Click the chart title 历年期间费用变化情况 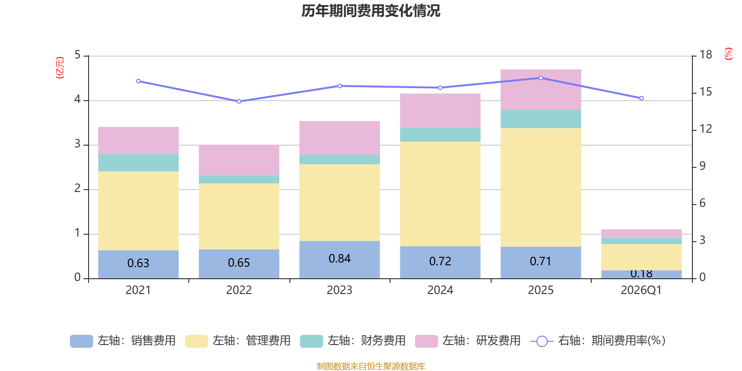pos(371,11)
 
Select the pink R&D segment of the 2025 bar pos(541,90)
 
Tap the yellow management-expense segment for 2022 pos(239,216)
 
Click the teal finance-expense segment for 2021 pos(138,163)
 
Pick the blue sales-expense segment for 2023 pos(339,259)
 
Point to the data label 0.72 pos(440,262)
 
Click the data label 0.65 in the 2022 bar pos(239,263)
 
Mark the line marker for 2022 pos(239,101)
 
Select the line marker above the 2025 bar pos(541,78)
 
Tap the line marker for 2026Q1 pos(641,98)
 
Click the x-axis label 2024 pos(440,290)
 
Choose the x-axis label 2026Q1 pos(641,290)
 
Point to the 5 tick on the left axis pos(77,55)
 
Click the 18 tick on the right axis pos(706,55)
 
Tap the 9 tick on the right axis pos(703,166)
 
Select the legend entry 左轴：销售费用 pos(123,341)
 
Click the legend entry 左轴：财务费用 pos(353,341)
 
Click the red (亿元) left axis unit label pos(59,68)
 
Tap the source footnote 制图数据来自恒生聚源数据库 pos(371,366)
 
